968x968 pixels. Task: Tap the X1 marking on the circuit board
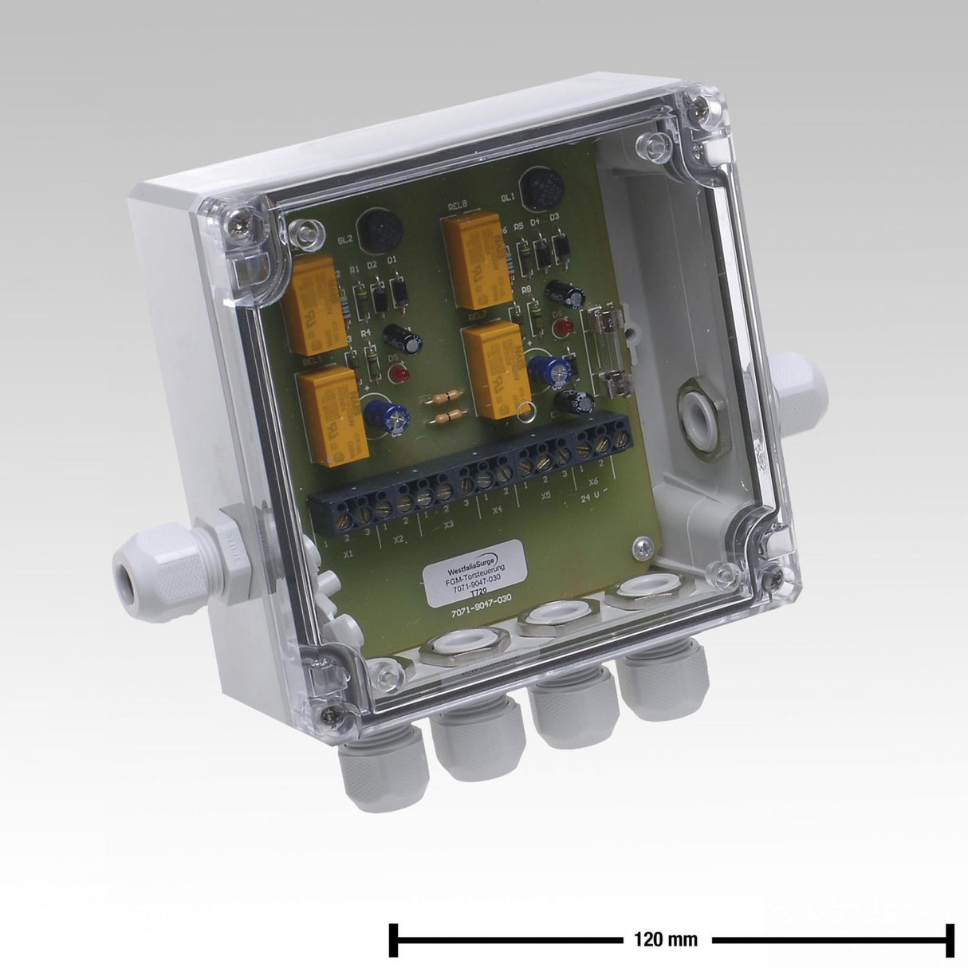pyautogui.click(x=348, y=553)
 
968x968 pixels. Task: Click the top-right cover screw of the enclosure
pyautogui.click(x=702, y=104)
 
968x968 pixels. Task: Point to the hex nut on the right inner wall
pyautogui.click(x=697, y=415)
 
